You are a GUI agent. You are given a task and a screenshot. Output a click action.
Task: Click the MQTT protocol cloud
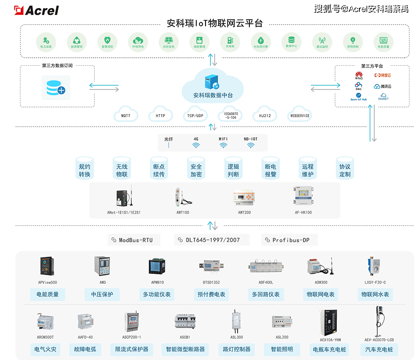click(126, 115)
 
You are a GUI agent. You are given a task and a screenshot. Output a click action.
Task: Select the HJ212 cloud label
click(265, 115)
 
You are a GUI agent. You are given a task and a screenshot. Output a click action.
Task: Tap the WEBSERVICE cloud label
click(300, 115)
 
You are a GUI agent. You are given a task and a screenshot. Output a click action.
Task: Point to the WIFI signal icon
click(223, 146)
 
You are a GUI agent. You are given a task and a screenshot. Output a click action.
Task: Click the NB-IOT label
click(251, 139)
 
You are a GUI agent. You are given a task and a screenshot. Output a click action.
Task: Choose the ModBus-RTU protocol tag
click(134, 240)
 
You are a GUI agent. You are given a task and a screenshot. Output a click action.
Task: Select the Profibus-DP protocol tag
click(290, 240)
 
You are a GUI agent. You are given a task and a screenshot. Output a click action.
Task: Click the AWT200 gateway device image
click(244, 198)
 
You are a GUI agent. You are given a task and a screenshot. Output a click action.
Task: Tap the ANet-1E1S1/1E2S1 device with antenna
click(125, 196)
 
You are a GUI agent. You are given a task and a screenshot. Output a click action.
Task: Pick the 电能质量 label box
click(48, 294)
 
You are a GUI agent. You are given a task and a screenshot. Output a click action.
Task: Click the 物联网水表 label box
click(375, 294)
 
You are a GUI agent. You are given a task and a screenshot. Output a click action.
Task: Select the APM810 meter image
click(157, 267)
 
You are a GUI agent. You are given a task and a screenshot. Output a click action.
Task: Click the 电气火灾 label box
click(46, 350)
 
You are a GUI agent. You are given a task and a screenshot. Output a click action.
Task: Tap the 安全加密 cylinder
click(196, 170)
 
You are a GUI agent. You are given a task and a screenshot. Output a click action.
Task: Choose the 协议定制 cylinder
click(345, 170)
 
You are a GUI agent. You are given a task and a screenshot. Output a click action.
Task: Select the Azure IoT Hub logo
click(359, 96)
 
